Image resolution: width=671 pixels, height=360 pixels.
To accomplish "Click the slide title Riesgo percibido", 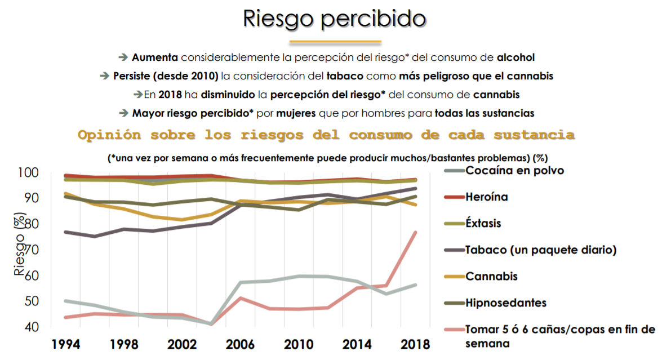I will click(334, 18).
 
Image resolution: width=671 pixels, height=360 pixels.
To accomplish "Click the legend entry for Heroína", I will click(487, 197).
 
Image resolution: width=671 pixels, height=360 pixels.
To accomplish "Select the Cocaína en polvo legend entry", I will click(514, 170).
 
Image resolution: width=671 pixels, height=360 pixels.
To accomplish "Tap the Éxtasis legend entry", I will click(483, 223).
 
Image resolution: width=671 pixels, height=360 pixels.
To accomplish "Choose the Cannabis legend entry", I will click(491, 276).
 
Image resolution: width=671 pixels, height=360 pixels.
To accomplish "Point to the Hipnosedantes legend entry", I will click(506, 303).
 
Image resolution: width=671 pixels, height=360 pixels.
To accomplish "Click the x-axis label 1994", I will click(65, 344).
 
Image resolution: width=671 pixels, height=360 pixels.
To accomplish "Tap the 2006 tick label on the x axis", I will click(240, 344).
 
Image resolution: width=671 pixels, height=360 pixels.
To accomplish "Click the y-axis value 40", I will click(32, 327).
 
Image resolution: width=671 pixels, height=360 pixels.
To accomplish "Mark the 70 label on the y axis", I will click(32, 250).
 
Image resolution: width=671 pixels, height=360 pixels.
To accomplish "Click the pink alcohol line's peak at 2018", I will click(415, 233).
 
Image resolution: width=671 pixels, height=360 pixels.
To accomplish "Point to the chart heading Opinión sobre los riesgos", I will click(326, 135).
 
